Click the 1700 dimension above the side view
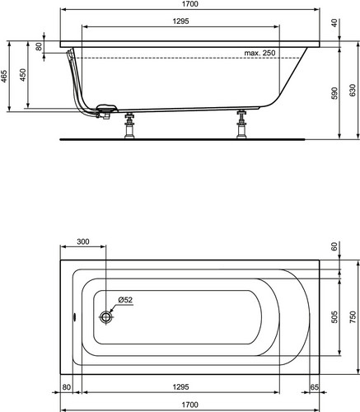tap(190, 4)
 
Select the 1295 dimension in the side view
tap(181, 21)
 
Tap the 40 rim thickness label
tap(334, 23)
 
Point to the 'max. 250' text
tap(259, 53)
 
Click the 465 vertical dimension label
tap(4, 77)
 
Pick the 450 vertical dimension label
tap(23, 75)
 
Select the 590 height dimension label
tap(334, 93)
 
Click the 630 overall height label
tap(353, 91)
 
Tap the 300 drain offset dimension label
tap(83, 241)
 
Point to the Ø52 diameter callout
tap(125, 300)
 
